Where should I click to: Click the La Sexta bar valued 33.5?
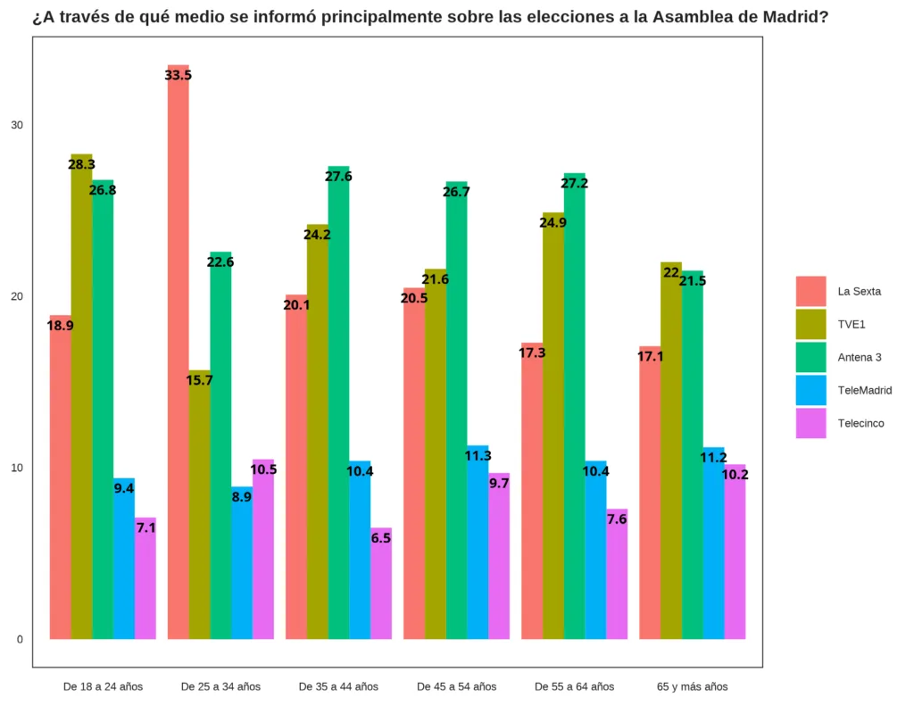(178, 357)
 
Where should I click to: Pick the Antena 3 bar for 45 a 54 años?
(456, 411)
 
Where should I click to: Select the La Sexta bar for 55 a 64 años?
(532, 491)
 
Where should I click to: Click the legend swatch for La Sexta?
(810, 291)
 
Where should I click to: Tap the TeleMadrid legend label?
(864, 390)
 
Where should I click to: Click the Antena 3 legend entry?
(859, 357)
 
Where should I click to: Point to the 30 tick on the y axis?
(17, 125)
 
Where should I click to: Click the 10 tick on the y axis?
(17, 468)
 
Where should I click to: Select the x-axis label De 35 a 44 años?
(338, 687)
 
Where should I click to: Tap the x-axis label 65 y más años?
(692, 687)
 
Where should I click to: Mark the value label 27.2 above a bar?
(574, 183)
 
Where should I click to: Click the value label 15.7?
(199, 380)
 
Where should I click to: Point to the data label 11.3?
(478, 455)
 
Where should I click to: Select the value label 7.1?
(145, 527)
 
